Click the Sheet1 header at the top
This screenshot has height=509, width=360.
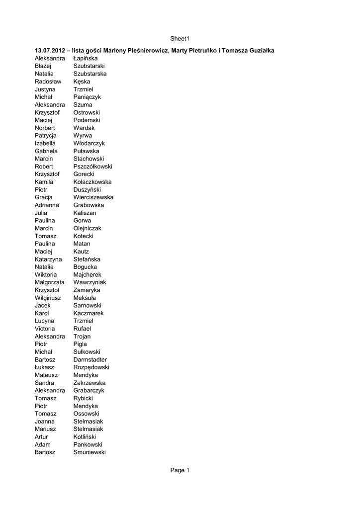pyautogui.click(x=180, y=38)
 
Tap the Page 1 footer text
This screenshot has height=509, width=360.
pyautogui.click(x=180, y=470)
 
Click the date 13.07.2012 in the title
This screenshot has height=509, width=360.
pyautogui.click(x=50, y=51)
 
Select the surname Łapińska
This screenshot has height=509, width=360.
pyautogui.click(x=86, y=59)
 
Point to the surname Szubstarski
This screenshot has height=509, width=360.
pyautogui.click(x=89, y=66)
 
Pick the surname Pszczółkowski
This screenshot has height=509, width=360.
pyautogui.click(x=92, y=167)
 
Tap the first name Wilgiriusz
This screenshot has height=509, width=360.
pyautogui.click(x=48, y=298)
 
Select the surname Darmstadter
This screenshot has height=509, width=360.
pyautogui.click(x=90, y=359)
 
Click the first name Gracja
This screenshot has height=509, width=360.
pyautogui.click(x=44, y=197)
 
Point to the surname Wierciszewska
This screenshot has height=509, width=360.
pyautogui.click(x=93, y=197)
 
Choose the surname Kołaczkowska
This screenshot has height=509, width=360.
pyautogui.click(x=92, y=182)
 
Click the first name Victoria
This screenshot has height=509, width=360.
pyautogui.click(x=45, y=329)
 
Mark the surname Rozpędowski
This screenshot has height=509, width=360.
pyautogui.click(x=91, y=367)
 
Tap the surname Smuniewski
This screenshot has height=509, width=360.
pyautogui.click(x=90, y=452)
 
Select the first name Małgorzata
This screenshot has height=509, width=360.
pyautogui.click(x=50, y=282)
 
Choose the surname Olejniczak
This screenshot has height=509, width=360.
pyautogui.click(x=87, y=228)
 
